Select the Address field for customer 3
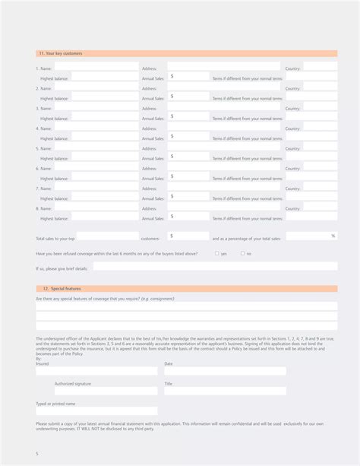(224, 108)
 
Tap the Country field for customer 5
(320, 148)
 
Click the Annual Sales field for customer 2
(188, 97)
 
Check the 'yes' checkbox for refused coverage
(217, 253)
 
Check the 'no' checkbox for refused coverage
(243, 253)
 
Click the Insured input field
(96, 371)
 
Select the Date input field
(225, 371)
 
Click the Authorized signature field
(96, 391)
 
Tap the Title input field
(225, 391)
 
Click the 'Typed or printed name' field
(96, 411)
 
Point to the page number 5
(36, 454)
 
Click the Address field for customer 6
(224, 168)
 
